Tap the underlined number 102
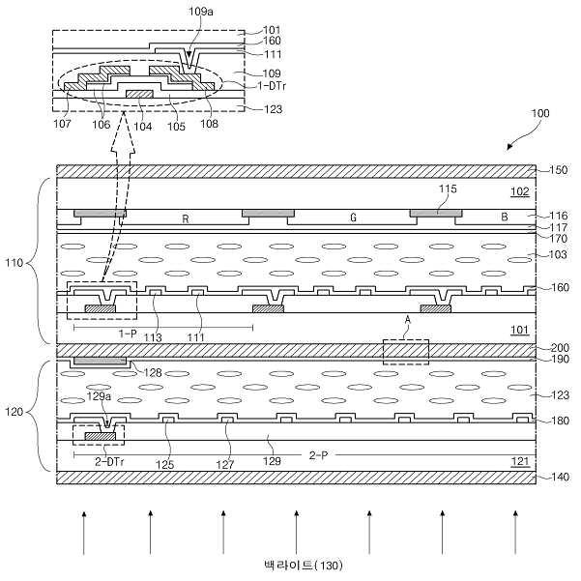click(519, 191)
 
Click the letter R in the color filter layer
click(185, 219)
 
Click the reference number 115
click(446, 189)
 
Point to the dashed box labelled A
click(405, 350)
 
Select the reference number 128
click(151, 372)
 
